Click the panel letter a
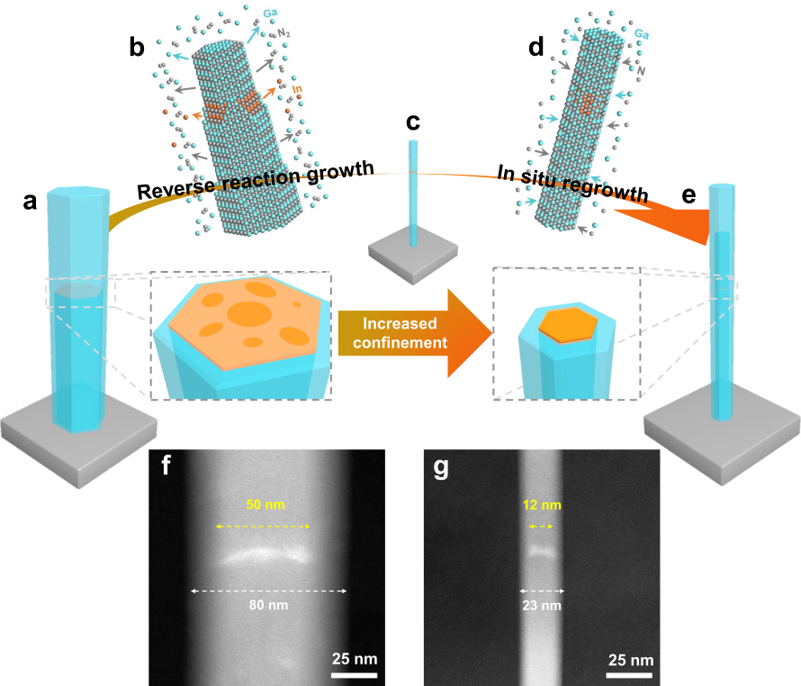point(30,202)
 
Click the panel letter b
point(137,47)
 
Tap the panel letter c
point(413,122)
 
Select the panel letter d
point(535,47)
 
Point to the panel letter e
point(688,194)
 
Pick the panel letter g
point(441,467)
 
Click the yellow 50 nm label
point(265,504)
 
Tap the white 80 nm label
point(269,605)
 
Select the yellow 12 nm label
point(542,505)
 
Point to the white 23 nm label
point(542,606)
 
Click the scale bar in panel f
point(355,675)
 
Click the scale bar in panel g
point(630,675)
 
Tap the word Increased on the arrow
point(400,323)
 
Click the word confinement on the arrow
point(400,342)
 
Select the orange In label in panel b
point(297,89)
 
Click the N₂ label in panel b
point(283,33)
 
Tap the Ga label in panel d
point(642,34)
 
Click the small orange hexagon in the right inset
point(568,325)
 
